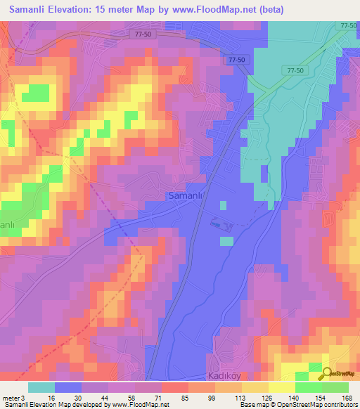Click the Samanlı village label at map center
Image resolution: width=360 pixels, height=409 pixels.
click(186, 197)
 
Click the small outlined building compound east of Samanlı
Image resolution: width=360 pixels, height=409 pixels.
click(223, 224)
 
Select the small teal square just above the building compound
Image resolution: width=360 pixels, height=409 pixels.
click(223, 206)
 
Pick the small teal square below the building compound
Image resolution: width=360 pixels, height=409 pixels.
click(226, 242)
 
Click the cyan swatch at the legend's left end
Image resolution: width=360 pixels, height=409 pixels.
click(41, 387)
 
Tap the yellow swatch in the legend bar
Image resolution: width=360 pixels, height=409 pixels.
click(281, 387)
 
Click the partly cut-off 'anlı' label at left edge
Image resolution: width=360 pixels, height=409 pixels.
click(8, 225)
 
